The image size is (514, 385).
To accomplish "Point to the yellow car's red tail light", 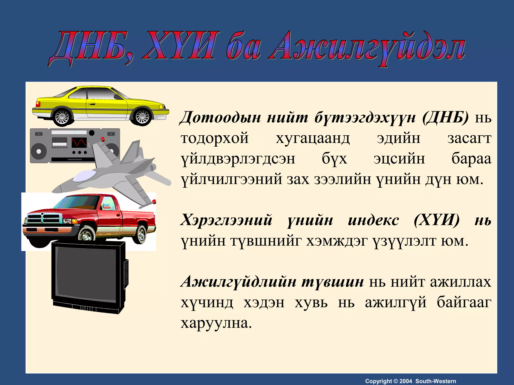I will tap(38, 104).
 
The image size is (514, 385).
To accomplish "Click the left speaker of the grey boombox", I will tap(39, 151).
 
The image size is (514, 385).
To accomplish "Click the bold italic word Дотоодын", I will tap(220, 117).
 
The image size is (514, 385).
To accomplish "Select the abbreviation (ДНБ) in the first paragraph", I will tap(445, 117).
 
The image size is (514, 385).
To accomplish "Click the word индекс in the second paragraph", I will tap(373, 220).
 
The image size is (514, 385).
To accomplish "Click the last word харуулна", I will tap(216, 323).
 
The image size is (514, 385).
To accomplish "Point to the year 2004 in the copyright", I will tap(406, 381).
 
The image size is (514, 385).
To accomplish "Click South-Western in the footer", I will tap(436, 381).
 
